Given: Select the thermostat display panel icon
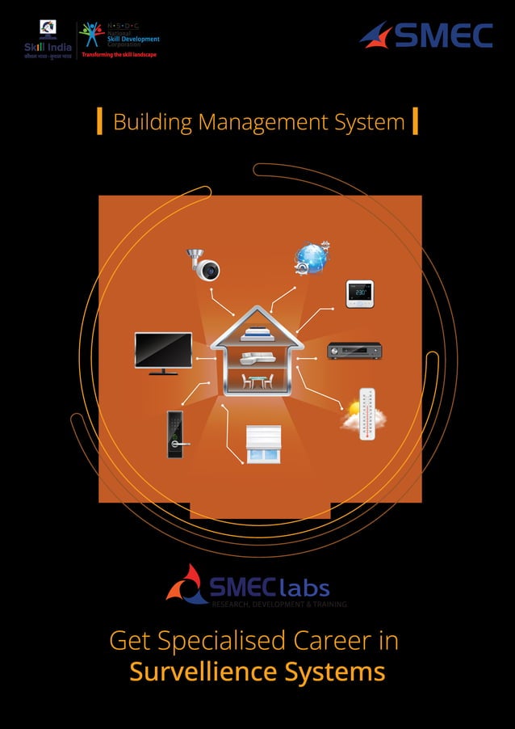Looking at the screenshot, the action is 359,293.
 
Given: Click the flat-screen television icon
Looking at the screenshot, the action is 163,352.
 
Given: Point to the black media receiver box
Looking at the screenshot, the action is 354,351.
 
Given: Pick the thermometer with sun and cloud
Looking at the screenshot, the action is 363,414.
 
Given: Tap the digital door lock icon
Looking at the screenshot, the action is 175,434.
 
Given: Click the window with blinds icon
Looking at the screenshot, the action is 264,444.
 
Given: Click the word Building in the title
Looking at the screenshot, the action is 153,123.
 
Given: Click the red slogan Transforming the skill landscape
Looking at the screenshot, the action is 114,55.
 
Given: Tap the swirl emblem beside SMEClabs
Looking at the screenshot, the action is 186,584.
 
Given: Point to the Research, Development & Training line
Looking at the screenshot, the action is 278,604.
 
